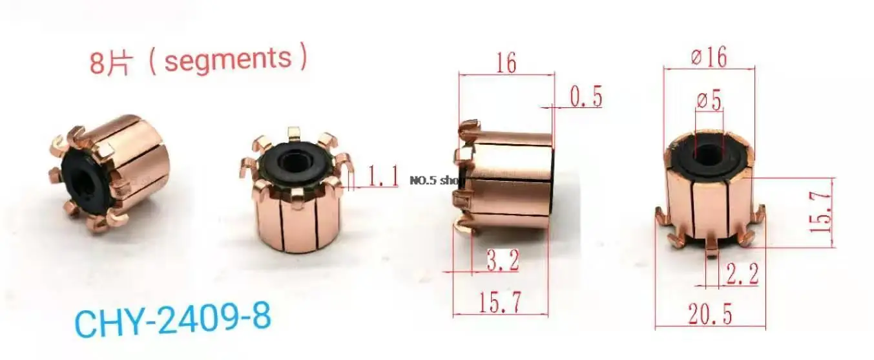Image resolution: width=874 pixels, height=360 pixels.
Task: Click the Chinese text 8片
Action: pos(110,63)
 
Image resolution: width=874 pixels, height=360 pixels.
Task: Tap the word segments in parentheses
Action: pos(227,60)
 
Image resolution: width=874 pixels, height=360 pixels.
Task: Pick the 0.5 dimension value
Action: pos(586,97)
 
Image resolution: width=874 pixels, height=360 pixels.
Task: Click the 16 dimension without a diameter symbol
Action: pos(506,63)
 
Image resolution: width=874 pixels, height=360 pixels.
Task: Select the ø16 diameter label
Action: pos(709,58)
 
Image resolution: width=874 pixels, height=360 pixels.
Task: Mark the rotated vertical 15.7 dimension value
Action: pos(824,213)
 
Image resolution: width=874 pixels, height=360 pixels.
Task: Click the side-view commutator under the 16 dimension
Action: pos(507,181)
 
